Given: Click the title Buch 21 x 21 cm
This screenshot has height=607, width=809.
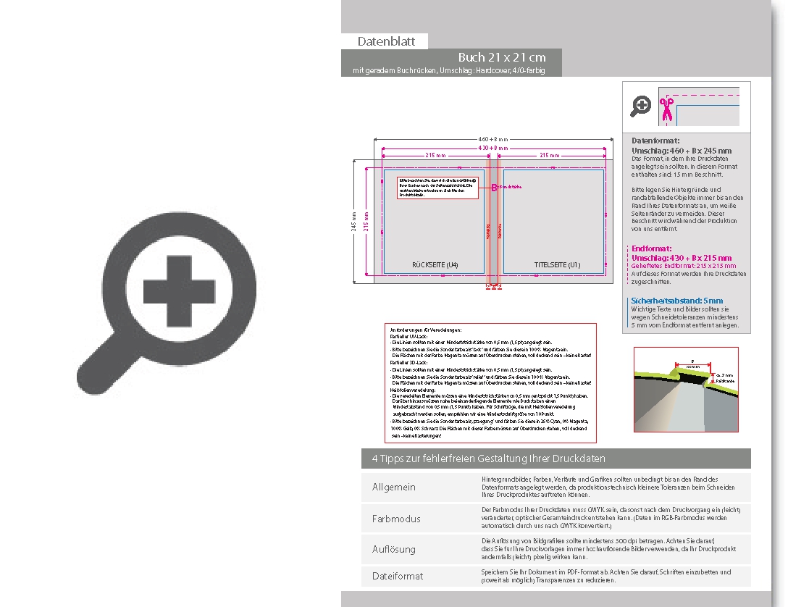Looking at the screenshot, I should pyautogui.click(x=501, y=57).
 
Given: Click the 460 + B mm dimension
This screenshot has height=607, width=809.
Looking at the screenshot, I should pyautogui.click(x=493, y=138).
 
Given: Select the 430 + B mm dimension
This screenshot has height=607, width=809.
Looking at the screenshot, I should pyautogui.click(x=493, y=148).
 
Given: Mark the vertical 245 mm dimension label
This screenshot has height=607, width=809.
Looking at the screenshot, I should pyautogui.click(x=354, y=222).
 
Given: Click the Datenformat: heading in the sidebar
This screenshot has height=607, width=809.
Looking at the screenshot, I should pyautogui.click(x=655, y=141).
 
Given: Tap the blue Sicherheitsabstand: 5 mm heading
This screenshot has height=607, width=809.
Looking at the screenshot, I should pyautogui.click(x=677, y=301).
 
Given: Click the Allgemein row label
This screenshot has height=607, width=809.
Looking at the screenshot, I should pyautogui.click(x=394, y=487).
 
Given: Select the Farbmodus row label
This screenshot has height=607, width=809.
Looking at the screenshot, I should pyautogui.click(x=395, y=519).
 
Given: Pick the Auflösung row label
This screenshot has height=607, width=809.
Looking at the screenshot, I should pyautogui.click(x=394, y=549).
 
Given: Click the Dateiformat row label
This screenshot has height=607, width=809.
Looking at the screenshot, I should pyautogui.click(x=398, y=576).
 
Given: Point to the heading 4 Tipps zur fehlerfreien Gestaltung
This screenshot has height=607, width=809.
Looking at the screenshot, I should pyautogui.click(x=488, y=459).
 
